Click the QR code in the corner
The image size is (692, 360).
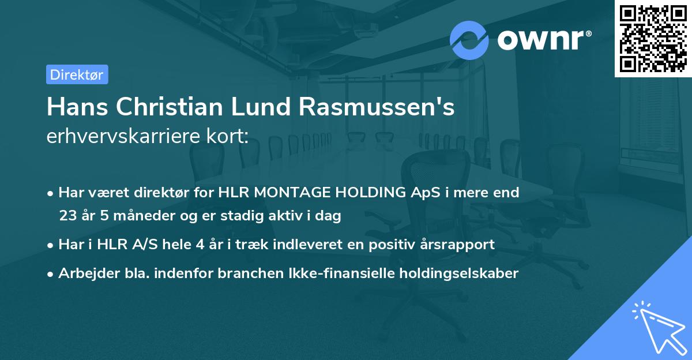pos(653,39)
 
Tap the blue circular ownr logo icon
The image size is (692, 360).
pos(469,40)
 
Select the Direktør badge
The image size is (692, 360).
pos(77,74)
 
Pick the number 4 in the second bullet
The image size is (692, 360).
pos(200,245)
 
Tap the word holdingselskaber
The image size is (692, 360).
pos(452,273)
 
